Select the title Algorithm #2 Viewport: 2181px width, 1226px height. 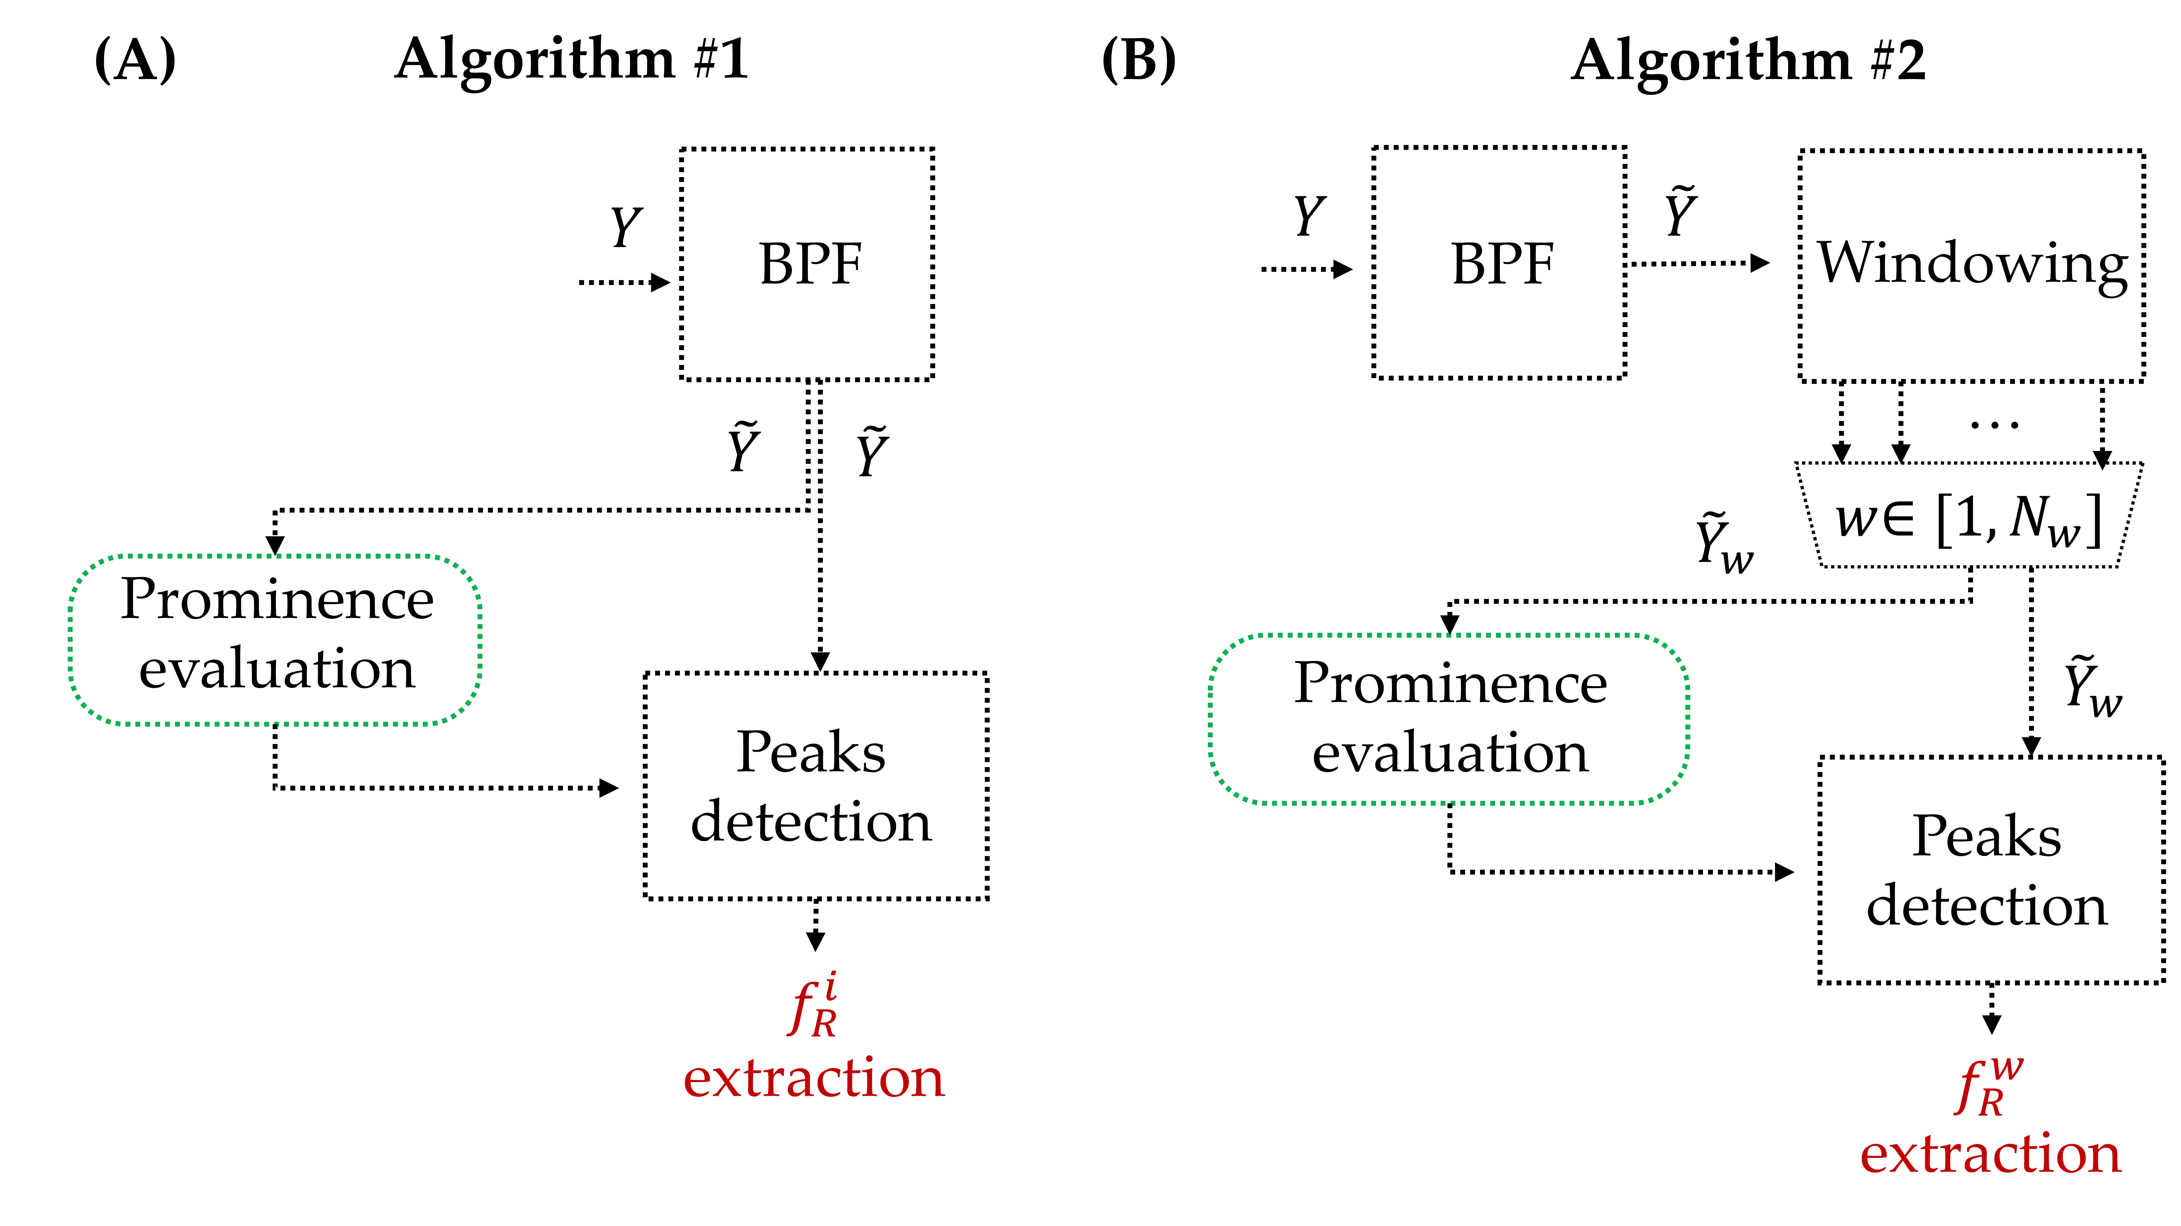(x=1748, y=61)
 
